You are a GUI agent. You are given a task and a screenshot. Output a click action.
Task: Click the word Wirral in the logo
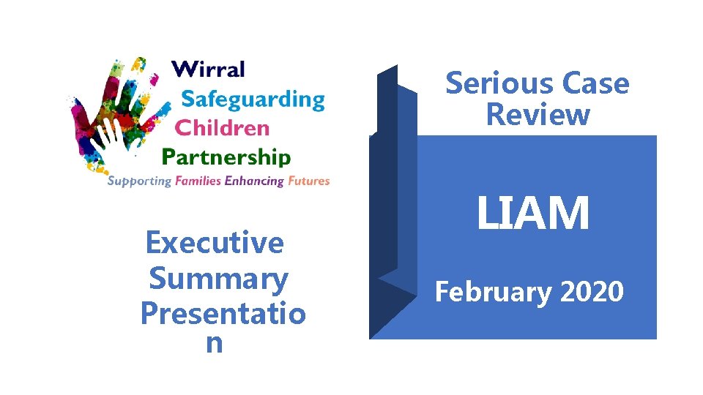[208, 70]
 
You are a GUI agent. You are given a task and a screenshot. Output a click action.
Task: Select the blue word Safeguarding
[253, 99]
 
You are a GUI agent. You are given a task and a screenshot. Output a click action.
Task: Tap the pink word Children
[223, 128]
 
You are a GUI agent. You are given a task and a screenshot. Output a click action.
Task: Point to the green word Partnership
[226, 157]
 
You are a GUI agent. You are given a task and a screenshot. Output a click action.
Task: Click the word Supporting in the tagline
[139, 181]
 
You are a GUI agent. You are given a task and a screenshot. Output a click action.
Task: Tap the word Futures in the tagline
[309, 181]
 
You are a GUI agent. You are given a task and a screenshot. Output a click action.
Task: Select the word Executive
[215, 242]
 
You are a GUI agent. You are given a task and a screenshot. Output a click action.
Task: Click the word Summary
[218, 278]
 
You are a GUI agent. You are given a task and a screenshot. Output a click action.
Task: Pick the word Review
[538, 115]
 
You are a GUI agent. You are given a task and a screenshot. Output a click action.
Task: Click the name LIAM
[532, 214]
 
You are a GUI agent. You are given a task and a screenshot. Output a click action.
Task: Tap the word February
[494, 293]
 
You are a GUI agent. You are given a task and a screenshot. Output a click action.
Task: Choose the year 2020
[591, 292]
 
